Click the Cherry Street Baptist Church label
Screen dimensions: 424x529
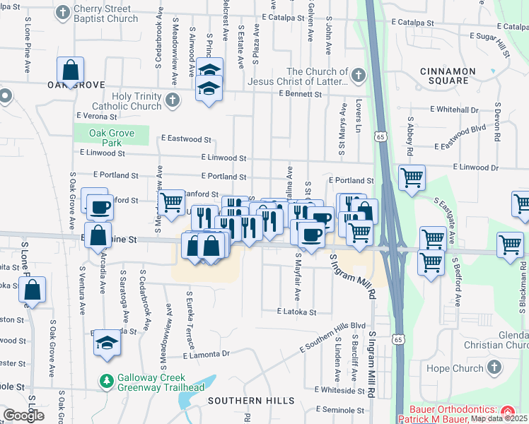106,13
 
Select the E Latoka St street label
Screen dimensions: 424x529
296,312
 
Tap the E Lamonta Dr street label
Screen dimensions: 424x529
207,354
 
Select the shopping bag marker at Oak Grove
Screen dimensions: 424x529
71,71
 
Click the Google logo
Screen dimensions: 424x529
23,416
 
